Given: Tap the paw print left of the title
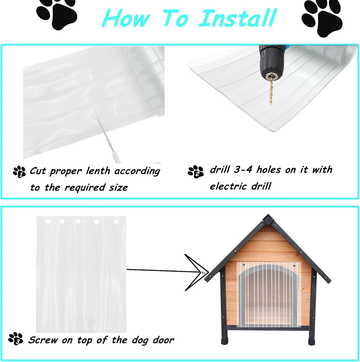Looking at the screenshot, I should tap(57, 13).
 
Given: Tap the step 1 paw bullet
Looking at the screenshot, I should tap(19, 172).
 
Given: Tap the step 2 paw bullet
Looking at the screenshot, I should tap(195, 172).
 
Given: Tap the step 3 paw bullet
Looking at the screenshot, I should tap(15, 338).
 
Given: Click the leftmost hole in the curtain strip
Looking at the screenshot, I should tap(48, 222).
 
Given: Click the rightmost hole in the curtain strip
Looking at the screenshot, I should tap(116, 222).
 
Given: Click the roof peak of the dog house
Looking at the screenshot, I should tap(268, 218).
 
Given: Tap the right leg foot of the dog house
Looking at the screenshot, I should tap(311, 342).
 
